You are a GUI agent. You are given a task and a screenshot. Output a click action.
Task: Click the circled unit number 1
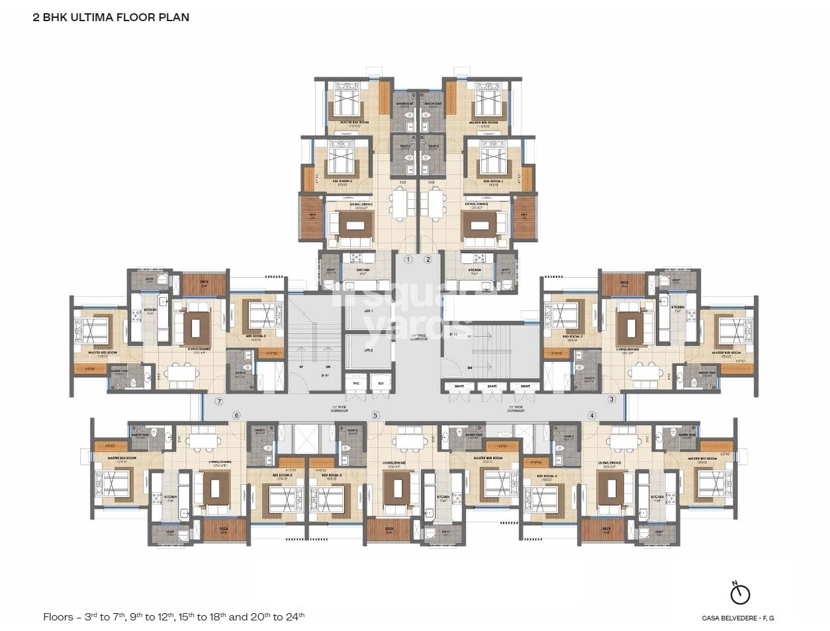click(408, 260)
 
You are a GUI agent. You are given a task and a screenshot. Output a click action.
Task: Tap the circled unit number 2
click(428, 260)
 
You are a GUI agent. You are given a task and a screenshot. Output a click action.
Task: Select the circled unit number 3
click(612, 399)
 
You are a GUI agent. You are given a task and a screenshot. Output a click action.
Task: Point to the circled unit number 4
click(592, 415)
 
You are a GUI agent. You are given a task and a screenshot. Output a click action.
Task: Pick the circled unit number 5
click(375, 415)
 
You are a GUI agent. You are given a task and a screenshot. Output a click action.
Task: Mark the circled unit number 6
click(236, 415)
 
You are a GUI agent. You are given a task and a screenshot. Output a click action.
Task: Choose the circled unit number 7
click(219, 401)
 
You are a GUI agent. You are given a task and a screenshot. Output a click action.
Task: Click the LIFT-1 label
click(368, 311)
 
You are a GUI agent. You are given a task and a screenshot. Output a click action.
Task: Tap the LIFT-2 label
click(368, 351)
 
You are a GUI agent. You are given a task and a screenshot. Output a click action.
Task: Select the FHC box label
click(355, 384)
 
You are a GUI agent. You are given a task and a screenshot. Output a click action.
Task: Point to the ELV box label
click(381, 384)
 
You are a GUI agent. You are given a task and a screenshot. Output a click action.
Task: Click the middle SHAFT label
click(492, 386)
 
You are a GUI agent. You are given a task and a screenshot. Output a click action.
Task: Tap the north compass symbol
click(740, 593)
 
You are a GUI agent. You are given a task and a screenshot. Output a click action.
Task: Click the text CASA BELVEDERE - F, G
click(737, 618)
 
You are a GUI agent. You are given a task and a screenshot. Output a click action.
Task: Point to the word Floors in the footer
click(58, 617)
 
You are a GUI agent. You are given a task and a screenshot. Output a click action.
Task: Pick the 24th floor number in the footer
click(295, 617)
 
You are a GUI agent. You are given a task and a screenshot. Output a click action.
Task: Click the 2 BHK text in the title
click(48, 17)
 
